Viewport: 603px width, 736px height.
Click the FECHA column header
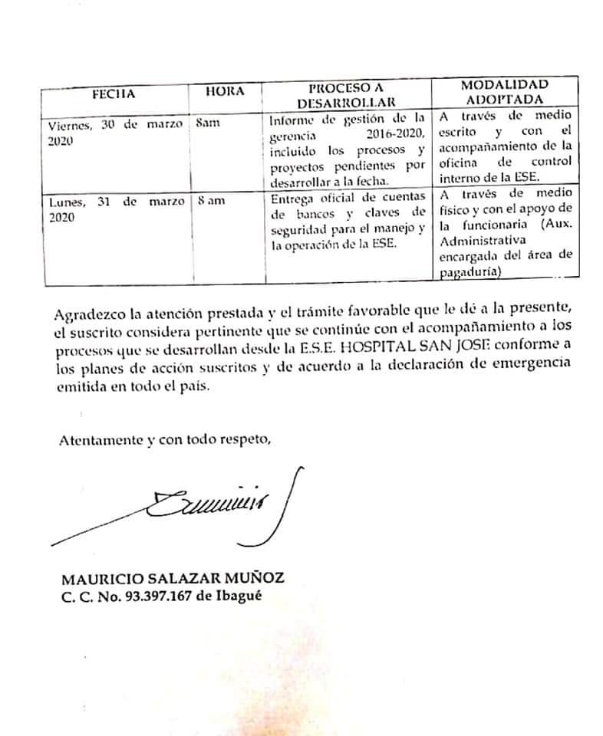tap(113, 94)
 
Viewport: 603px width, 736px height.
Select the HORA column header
tap(225, 92)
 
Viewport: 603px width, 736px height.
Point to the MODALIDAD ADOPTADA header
tap(504, 91)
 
